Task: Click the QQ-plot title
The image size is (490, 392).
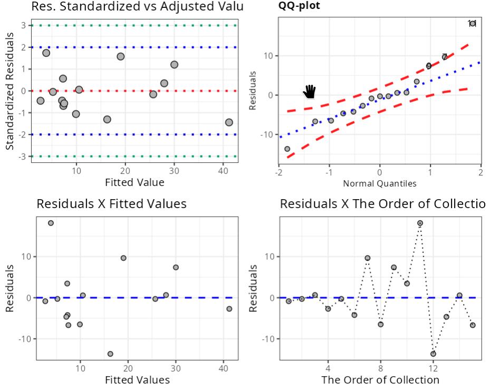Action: [x=299, y=6]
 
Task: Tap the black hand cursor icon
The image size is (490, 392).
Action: [x=309, y=91]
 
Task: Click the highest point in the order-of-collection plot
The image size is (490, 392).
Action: [x=420, y=223]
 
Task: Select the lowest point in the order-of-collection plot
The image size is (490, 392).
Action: [x=433, y=354]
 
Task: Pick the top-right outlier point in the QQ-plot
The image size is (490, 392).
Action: [x=473, y=23]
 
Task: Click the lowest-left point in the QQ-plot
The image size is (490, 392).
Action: [x=287, y=149]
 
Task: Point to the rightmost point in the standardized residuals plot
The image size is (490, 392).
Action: [x=229, y=122]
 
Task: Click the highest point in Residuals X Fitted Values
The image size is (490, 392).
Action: [x=51, y=223]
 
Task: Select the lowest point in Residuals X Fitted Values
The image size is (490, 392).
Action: [x=110, y=354]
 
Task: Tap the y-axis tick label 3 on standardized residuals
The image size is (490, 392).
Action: [x=24, y=25]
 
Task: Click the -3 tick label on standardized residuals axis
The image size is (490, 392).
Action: [x=22, y=156]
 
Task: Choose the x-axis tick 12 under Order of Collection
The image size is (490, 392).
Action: [x=433, y=367]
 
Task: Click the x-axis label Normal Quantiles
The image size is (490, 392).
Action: [x=380, y=184]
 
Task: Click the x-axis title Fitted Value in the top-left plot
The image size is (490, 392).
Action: [x=134, y=183]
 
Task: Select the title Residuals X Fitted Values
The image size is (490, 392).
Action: [x=111, y=203]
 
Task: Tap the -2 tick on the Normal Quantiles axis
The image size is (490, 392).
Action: [x=277, y=173]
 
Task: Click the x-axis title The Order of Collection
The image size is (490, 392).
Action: [x=380, y=379]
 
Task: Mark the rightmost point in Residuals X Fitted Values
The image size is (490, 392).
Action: [x=229, y=309]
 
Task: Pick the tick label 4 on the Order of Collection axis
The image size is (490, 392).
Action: [x=328, y=367]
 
